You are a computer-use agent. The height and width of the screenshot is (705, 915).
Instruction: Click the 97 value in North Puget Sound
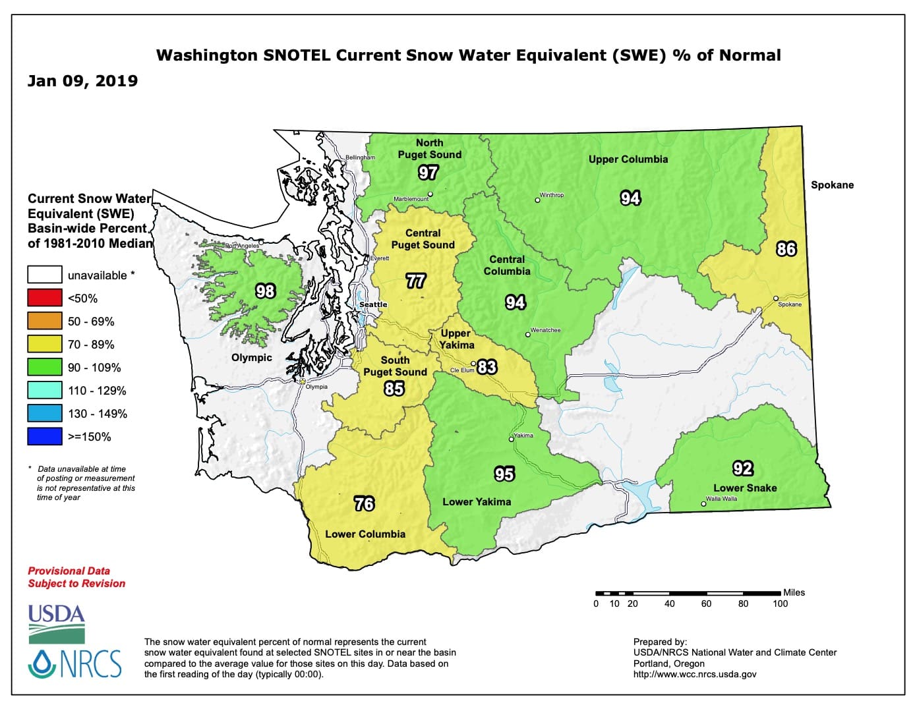coord(428,173)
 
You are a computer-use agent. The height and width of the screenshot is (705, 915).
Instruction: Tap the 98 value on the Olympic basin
coord(265,291)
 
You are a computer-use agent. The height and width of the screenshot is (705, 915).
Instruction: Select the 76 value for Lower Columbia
coord(364,504)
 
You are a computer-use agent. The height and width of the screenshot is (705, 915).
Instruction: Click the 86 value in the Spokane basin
coord(786,249)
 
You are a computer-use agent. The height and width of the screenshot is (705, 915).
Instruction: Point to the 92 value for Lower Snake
coord(742,468)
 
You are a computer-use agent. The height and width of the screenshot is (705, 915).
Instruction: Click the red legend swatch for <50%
coord(45,298)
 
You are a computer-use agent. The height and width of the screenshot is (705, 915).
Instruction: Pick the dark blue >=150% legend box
coord(45,437)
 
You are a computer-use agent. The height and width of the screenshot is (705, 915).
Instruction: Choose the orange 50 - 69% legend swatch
coord(45,322)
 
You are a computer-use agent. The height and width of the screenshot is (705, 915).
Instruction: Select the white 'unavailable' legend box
coord(45,275)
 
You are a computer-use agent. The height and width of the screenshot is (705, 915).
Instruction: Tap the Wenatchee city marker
coord(527,335)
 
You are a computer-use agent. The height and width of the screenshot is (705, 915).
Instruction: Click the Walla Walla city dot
coord(703,504)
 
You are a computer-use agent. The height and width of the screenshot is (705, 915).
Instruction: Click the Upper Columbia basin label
coord(628,159)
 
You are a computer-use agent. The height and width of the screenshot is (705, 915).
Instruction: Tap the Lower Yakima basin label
coord(476,502)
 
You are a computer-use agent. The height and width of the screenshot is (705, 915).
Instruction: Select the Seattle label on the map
coord(373,304)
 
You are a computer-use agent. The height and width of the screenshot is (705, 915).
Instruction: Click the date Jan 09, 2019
coord(82,81)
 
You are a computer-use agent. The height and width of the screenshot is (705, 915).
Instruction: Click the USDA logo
coord(57,624)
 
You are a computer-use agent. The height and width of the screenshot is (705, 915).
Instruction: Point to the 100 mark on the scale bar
coord(780,604)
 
